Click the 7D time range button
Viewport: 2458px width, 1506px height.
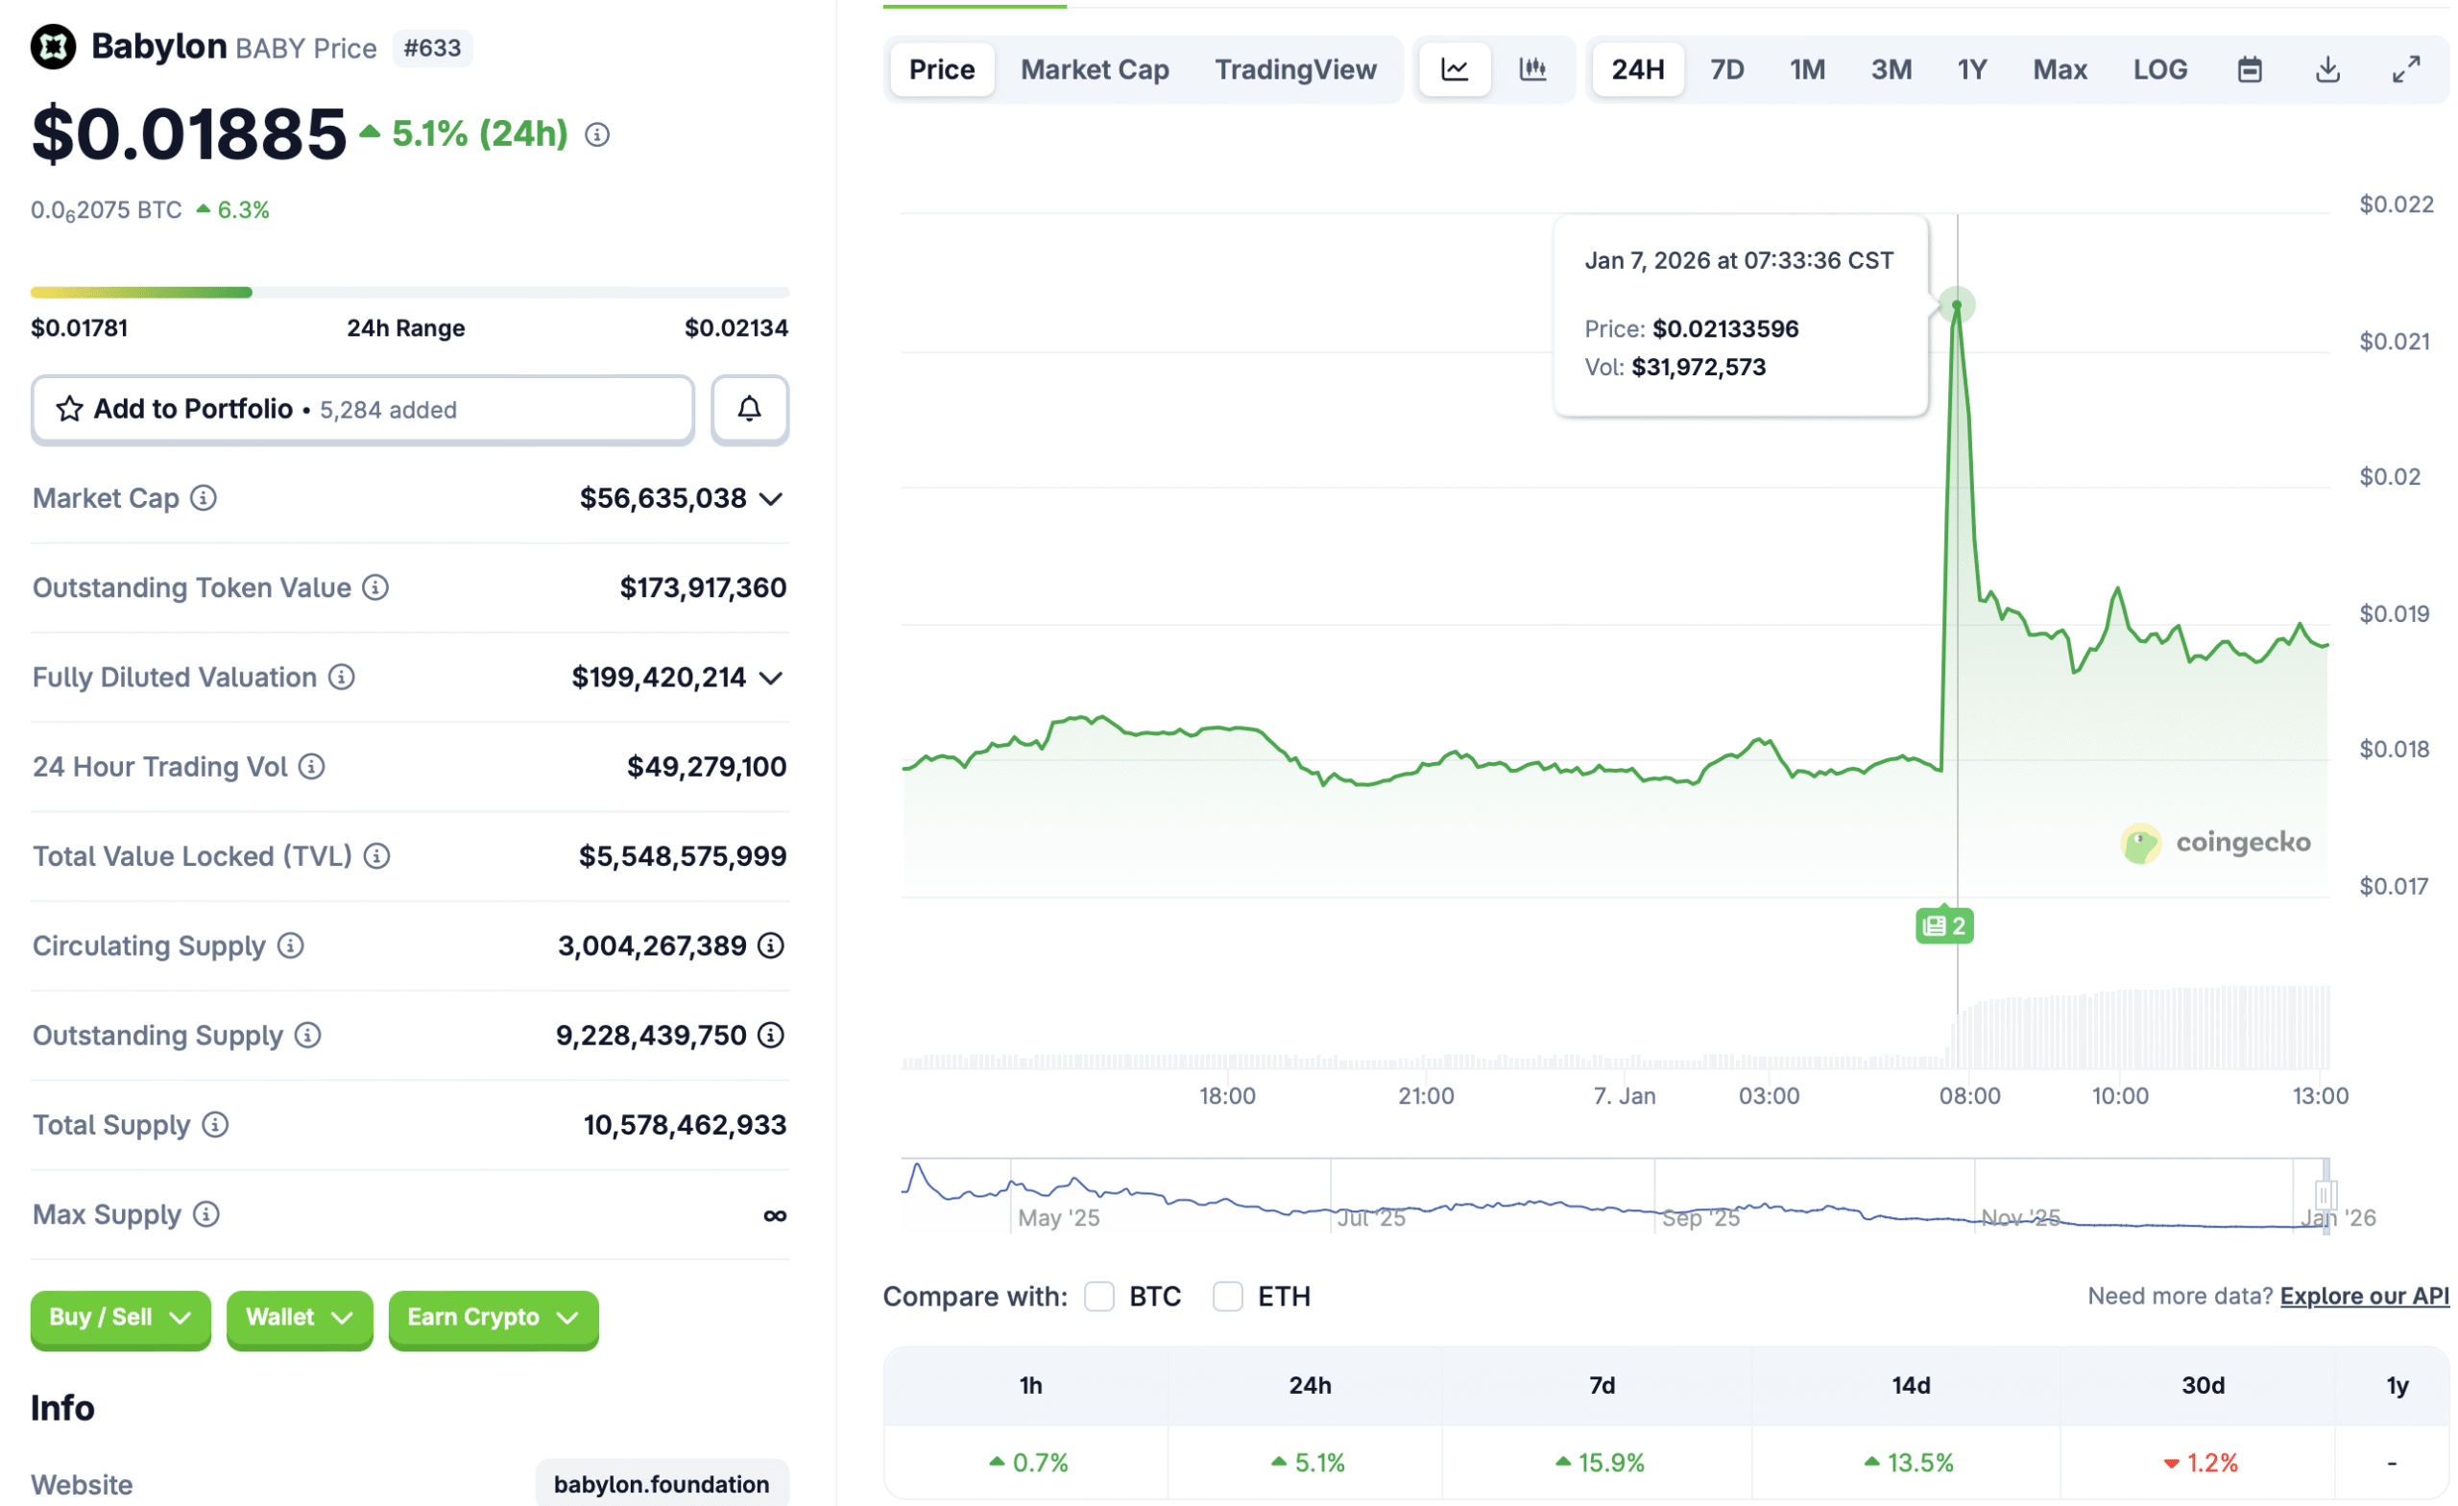click(x=1726, y=70)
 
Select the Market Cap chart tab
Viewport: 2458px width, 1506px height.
click(x=1095, y=70)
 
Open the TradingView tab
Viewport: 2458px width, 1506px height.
click(x=1295, y=70)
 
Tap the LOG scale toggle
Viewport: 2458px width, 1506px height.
click(x=2159, y=70)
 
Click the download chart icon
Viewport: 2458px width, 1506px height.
click(x=2327, y=70)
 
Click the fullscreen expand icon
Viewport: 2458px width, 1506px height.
click(x=2406, y=70)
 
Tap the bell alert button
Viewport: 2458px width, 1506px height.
click(x=749, y=409)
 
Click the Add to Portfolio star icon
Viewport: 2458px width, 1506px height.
click(x=69, y=409)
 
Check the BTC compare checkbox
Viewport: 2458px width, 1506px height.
click(x=1099, y=1297)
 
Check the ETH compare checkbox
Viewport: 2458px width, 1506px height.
click(x=1227, y=1297)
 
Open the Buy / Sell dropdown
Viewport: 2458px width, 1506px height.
click(x=120, y=1318)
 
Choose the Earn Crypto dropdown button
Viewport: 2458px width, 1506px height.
click(x=493, y=1318)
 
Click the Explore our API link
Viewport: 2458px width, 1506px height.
click(x=2363, y=1296)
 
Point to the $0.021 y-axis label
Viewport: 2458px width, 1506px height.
click(x=2395, y=342)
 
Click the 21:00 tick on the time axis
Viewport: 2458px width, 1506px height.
click(x=1426, y=1096)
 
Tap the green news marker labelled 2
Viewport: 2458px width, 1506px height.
click(x=1943, y=925)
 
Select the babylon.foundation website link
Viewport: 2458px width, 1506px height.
click(x=662, y=1484)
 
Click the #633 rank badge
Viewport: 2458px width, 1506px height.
click(x=432, y=48)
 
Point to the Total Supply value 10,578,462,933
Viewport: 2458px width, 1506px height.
click(x=685, y=1125)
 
